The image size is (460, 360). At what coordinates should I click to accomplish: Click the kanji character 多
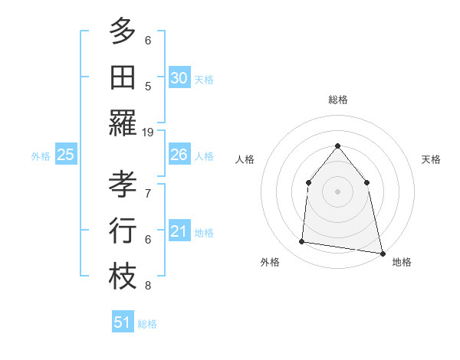123,31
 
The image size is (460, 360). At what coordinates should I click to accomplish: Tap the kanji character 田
123,77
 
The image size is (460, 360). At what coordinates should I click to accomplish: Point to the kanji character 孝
123,184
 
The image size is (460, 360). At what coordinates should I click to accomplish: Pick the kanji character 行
123,230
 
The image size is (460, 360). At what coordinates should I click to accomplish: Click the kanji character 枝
123,277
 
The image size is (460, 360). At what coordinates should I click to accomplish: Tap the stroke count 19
148,133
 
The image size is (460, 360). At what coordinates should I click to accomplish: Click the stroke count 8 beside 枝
148,286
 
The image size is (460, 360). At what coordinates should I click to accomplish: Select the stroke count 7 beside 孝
148,193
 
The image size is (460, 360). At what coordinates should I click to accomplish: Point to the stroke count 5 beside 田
148,87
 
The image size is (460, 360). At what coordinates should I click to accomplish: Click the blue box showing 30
179,78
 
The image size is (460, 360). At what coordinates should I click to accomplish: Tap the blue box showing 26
179,155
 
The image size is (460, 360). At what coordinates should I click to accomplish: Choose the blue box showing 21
179,231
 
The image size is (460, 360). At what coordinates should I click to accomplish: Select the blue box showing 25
65,155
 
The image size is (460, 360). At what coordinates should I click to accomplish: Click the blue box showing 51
122,322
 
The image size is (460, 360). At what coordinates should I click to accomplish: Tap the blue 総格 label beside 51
147,324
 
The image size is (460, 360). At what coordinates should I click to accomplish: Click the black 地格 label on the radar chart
402,263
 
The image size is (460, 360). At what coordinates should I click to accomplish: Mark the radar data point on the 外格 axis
302,242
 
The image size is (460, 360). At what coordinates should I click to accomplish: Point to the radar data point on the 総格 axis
337,146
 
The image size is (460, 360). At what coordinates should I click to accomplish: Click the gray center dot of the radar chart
337,191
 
